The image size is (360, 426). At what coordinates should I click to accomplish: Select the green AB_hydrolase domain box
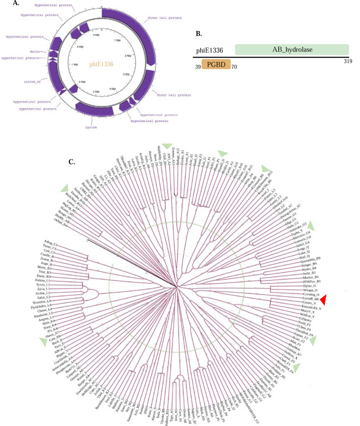coord(292,50)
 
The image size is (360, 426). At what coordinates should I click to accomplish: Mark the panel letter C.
coord(72,161)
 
